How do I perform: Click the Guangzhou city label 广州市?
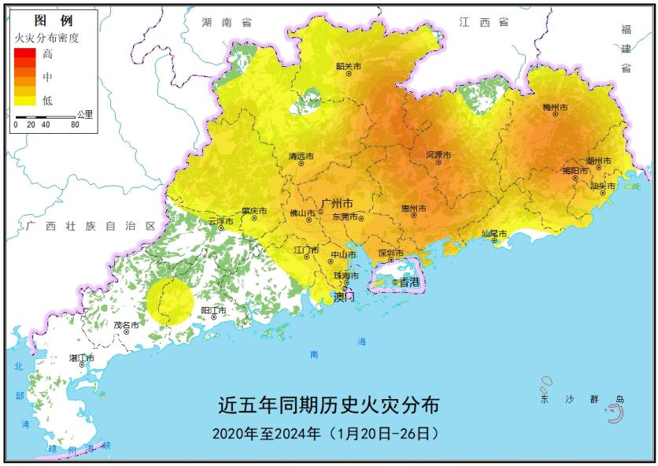(x=340, y=203)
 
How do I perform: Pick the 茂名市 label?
(x=126, y=324)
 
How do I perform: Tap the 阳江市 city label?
(x=213, y=311)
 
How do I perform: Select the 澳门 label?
(x=344, y=297)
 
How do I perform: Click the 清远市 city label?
(x=301, y=156)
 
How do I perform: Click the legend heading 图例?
(x=54, y=21)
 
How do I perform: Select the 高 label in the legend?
(x=48, y=54)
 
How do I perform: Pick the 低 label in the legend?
(x=48, y=99)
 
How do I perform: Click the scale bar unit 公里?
(x=84, y=114)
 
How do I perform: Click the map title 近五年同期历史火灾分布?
(x=328, y=405)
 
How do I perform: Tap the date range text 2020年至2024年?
(x=266, y=433)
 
